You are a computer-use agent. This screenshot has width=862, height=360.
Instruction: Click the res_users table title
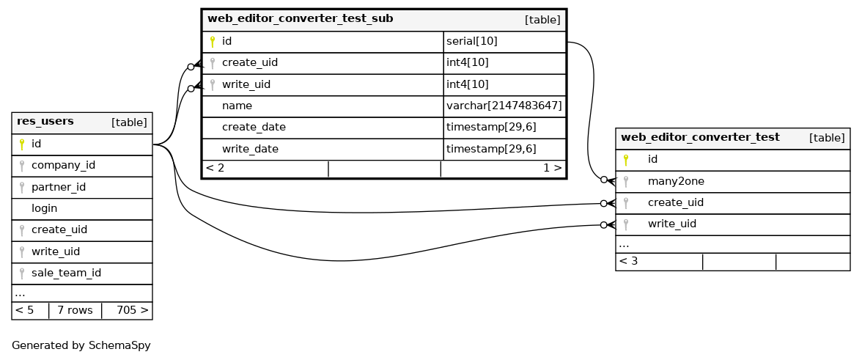45,122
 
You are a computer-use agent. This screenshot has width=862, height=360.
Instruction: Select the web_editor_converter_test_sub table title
300,18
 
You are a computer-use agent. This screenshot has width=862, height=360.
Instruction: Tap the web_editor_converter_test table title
700,137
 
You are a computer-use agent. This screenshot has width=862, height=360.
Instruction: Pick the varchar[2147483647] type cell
504,106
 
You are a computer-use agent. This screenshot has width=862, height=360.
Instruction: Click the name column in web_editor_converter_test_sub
237,106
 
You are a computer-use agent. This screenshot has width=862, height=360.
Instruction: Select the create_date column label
254,127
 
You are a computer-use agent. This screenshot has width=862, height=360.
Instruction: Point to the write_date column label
250,149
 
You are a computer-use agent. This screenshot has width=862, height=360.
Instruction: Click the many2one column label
676,181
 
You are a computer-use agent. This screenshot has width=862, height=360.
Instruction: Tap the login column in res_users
44,208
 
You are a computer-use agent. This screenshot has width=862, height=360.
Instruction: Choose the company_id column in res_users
63,165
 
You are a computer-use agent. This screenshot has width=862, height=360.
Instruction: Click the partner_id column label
59,187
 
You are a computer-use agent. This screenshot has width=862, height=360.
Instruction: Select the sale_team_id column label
66,273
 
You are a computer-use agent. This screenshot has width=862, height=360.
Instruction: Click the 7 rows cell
74,310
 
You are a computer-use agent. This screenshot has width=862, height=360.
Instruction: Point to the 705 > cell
132,310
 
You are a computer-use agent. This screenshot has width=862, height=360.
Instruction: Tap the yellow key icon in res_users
22,144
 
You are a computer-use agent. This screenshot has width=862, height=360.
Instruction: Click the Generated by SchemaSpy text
75,345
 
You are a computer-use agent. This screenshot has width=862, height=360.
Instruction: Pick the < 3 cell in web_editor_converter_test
628,260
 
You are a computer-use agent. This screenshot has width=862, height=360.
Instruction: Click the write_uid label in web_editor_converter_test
671,224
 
